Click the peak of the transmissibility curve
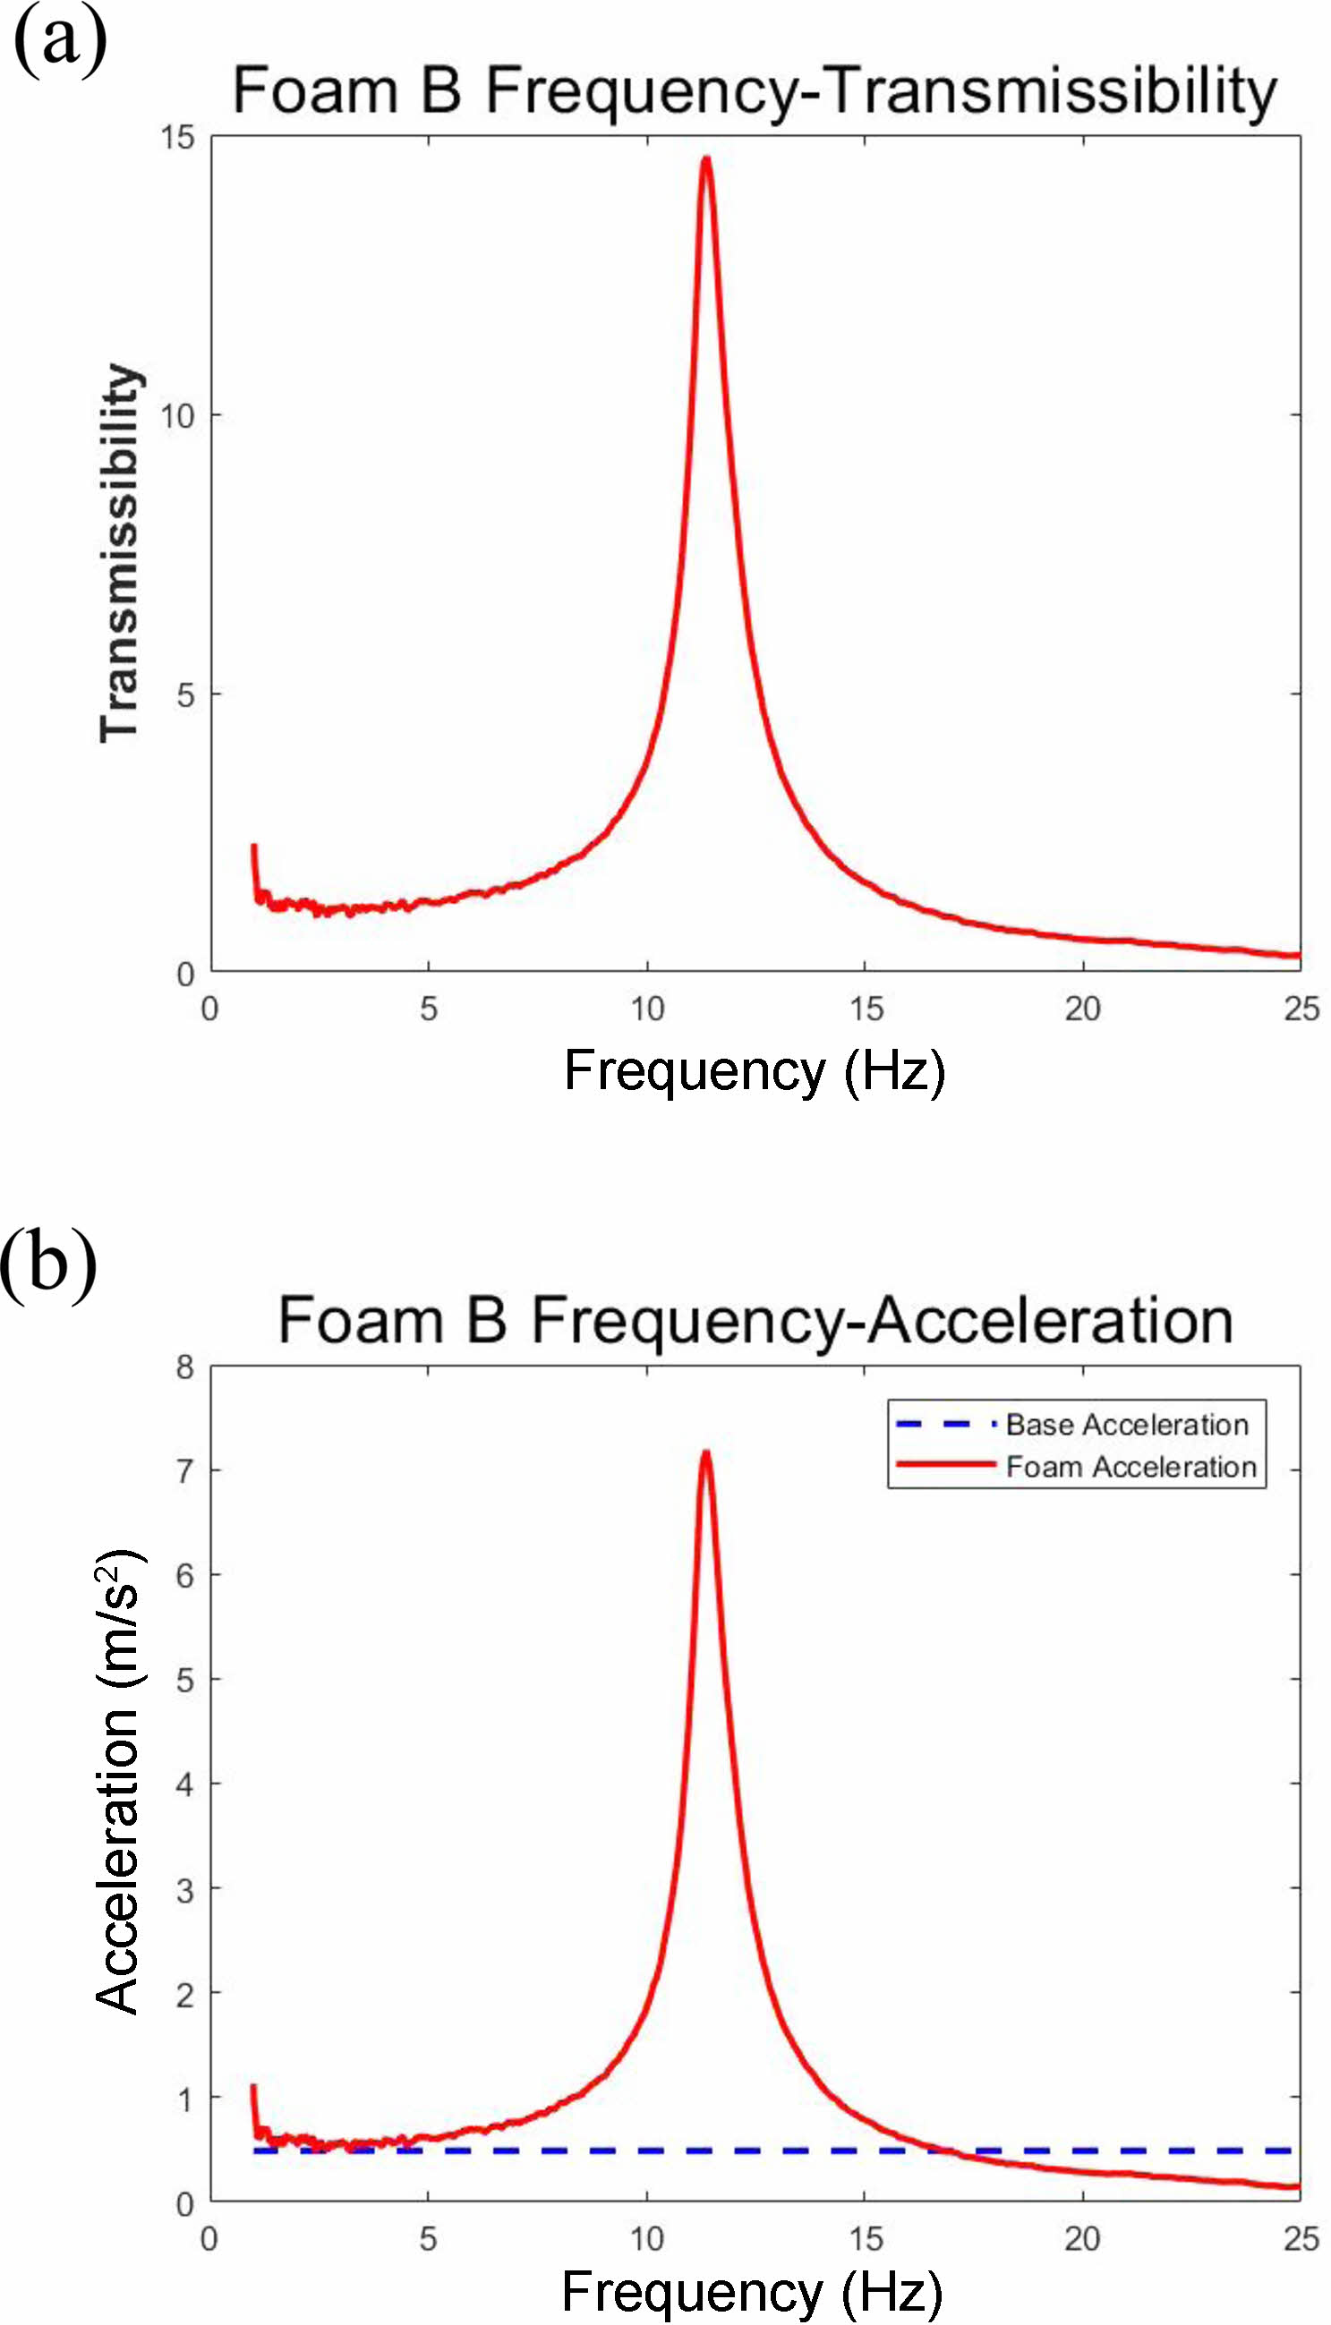[x=705, y=160]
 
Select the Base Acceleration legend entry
[x=1126, y=1425]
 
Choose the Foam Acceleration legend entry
[x=1130, y=1467]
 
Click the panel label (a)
[x=60, y=41]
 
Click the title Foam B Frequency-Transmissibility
[x=755, y=91]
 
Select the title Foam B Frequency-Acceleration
[x=755, y=1321]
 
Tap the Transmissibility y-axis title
[x=120, y=553]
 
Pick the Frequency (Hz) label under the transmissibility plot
[x=755, y=1070]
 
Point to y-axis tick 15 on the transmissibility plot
[x=178, y=138]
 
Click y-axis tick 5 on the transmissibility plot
[x=185, y=695]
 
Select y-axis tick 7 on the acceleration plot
[x=185, y=1471]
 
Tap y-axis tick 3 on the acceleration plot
[x=185, y=1889]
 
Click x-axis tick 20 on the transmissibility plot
[x=1083, y=1009]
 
